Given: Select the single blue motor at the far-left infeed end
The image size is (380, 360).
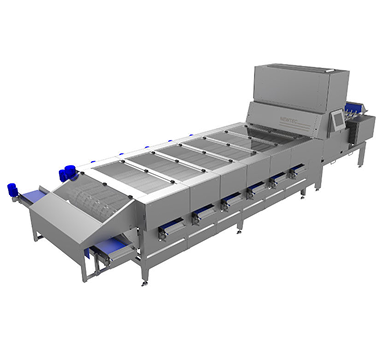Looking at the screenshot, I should [x=14, y=187].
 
